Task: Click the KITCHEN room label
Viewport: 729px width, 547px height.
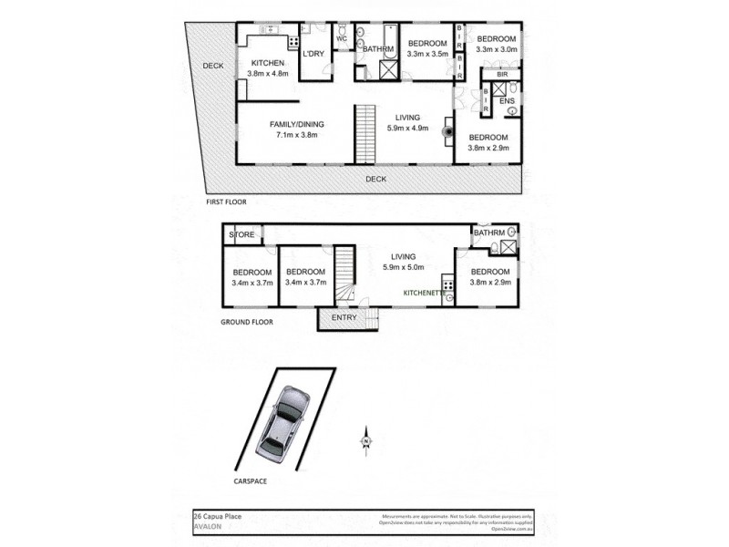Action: click(269, 63)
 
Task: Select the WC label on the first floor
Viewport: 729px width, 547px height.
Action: click(342, 39)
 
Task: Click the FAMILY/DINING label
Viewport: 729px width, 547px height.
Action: click(296, 125)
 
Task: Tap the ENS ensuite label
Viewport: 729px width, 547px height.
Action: click(507, 100)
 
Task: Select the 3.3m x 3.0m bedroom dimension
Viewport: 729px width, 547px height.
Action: click(497, 50)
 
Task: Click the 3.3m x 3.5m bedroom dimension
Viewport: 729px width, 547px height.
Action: click(426, 55)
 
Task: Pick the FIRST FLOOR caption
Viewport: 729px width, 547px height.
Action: click(225, 201)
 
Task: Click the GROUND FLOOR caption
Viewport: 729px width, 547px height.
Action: click(246, 322)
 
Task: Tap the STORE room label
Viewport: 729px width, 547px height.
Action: click(241, 235)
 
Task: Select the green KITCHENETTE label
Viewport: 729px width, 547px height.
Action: click(426, 293)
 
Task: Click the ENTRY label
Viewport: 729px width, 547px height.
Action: click(345, 318)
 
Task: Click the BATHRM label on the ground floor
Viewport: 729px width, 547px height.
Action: click(488, 232)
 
